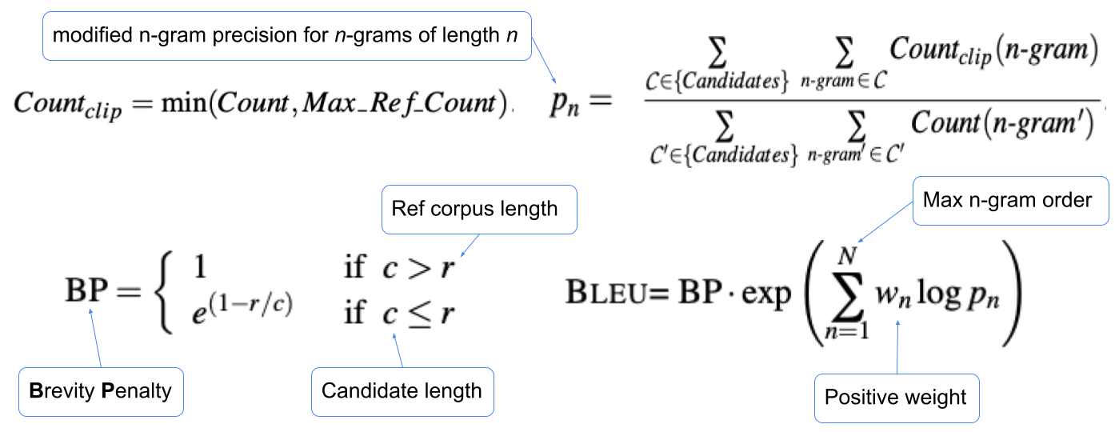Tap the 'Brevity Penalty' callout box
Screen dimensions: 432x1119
tap(100, 391)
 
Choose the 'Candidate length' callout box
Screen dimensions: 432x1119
tap(402, 391)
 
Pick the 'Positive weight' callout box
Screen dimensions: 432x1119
tap(895, 398)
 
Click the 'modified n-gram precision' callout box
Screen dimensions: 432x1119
tap(286, 36)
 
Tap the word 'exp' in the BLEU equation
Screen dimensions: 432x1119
tap(768, 294)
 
